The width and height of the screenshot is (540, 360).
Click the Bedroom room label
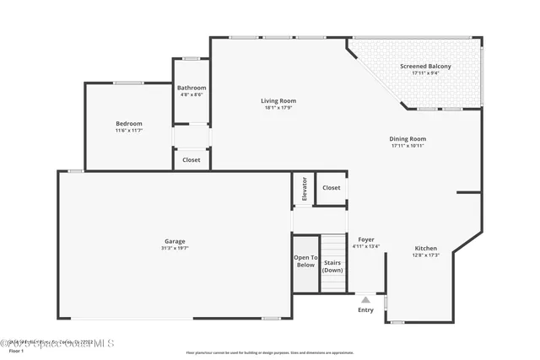pos(129,124)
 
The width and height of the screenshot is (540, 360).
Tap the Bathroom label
pos(192,88)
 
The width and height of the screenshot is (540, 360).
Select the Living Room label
pos(278,101)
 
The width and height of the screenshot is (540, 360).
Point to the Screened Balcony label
pos(425,67)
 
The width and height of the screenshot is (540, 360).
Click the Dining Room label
pos(408,139)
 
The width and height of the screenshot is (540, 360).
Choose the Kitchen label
pos(425,248)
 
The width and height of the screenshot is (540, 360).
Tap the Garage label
pos(175,241)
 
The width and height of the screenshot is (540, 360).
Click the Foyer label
pos(366,239)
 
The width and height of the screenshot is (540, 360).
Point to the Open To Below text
pos(305,261)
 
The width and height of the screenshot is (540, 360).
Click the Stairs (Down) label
pos(333,266)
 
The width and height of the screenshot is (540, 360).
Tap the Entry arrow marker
pos(365,299)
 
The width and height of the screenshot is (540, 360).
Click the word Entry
pos(365,310)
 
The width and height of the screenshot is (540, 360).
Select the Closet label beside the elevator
pos(331,188)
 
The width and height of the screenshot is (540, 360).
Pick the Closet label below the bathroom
pos(192,159)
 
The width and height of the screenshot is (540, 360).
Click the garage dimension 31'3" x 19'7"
pos(175,248)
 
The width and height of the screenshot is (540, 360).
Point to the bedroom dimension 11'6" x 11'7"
pos(129,131)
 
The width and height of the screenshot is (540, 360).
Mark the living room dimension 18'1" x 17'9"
pos(278,108)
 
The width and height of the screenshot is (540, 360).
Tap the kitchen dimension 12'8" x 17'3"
pos(425,255)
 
